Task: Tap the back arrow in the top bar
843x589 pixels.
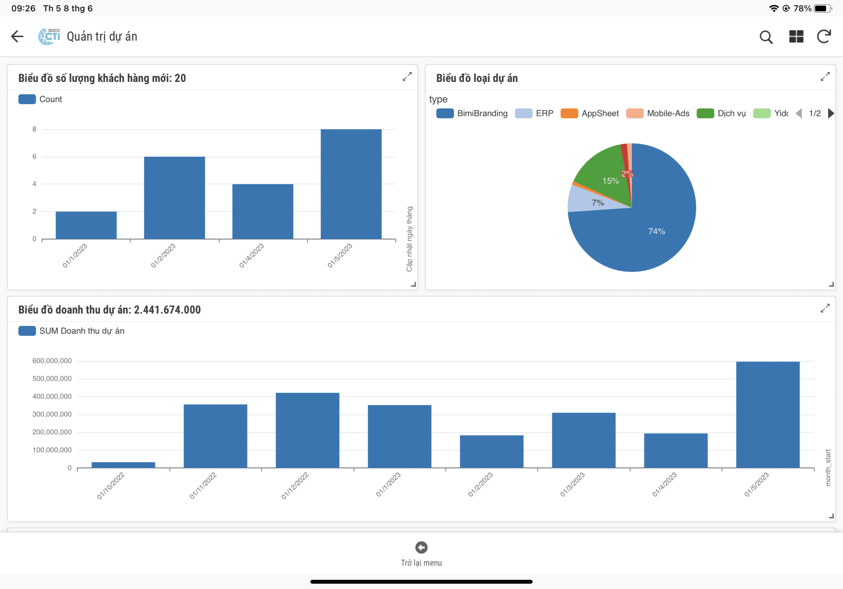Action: point(17,37)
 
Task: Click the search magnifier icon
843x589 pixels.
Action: point(766,37)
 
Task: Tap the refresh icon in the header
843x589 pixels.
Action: point(824,37)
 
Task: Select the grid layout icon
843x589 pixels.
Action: point(796,37)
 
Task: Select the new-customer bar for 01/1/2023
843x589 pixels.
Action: point(86,225)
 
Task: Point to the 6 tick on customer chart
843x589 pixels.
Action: point(35,157)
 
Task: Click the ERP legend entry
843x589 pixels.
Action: point(535,114)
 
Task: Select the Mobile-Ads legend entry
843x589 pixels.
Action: point(658,114)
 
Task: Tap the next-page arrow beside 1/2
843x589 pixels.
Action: point(831,114)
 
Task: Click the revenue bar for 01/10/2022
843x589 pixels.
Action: point(123,465)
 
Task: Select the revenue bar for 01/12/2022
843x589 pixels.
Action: point(307,430)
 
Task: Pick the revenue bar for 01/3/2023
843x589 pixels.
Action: point(583,440)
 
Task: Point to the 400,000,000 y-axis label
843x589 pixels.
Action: point(52,396)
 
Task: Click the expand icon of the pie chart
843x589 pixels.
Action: point(825,77)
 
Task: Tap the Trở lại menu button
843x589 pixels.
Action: point(421,554)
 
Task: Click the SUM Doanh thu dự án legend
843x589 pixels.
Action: point(72,331)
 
